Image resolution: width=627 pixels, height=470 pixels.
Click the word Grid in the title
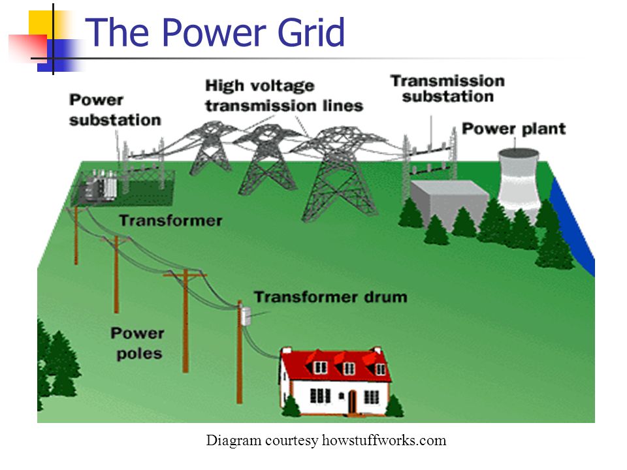[311, 32]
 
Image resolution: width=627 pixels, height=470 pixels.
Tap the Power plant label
[514, 129]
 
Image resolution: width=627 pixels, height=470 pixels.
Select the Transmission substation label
[447, 89]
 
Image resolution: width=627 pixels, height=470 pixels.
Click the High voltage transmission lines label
[284, 96]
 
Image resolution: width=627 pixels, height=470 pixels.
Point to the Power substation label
[115, 110]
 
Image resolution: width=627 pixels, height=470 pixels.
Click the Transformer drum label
[330, 297]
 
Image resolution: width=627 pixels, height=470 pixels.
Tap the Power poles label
[138, 343]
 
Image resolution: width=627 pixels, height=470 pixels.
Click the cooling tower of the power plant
[518, 182]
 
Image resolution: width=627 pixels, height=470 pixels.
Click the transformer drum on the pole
[245, 316]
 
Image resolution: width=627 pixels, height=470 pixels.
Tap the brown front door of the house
[352, 401]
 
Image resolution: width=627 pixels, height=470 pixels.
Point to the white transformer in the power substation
[109, 185]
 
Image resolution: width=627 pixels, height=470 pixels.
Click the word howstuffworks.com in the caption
[384, 440]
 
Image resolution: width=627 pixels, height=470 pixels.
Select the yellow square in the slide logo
[41, 24]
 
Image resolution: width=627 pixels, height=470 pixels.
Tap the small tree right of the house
[394, 406]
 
